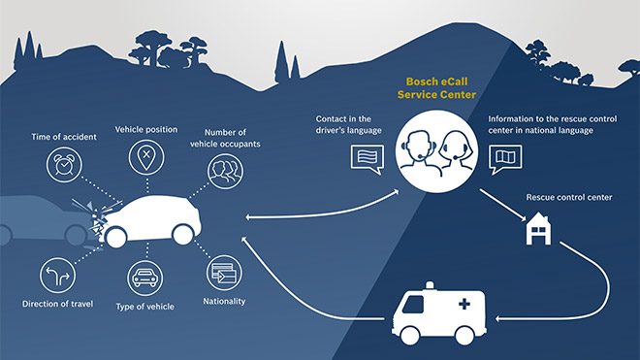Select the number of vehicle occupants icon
pos(225,173)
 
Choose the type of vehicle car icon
pos(145,276)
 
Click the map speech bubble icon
pos(505,157)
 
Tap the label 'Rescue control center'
pos(569,198)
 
